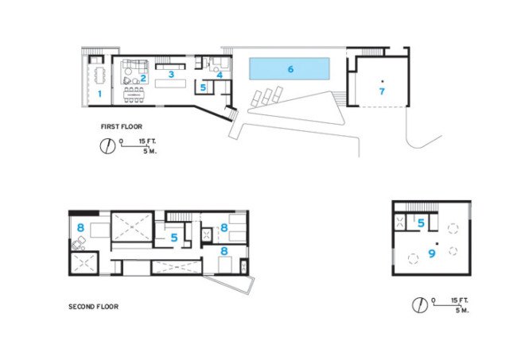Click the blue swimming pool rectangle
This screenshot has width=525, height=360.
pos(290,68)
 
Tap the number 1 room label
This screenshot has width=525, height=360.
pos(99,94)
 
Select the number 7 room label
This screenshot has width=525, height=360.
pos(382,91)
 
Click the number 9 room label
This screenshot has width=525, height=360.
pos(432,254)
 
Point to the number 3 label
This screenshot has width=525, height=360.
pos(171,74)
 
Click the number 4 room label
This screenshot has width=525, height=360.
pos(220,75)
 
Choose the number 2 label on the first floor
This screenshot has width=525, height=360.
pos(143,79)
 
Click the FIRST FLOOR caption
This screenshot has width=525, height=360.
pos(122,126)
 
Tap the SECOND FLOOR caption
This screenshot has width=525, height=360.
pos(93,307)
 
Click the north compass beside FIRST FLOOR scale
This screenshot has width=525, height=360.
pos(107,146)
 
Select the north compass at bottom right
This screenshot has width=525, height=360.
pos(419,305)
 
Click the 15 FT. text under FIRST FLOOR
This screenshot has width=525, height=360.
pos(147,141)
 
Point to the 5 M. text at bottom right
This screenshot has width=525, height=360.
pos(462,310)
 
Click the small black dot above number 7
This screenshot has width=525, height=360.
pos(382,81)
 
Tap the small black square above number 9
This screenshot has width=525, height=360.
pos(437,243)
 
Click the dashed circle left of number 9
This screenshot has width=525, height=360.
pos(413,258)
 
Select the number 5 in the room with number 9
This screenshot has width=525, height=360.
pos(422,223)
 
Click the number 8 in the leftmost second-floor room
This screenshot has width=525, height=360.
pos(80,228)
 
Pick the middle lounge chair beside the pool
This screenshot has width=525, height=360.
pos(266,96)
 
